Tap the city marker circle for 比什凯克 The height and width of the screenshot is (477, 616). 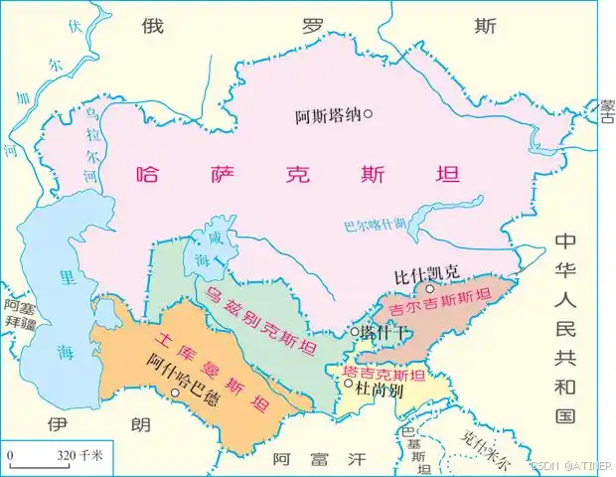point(430,288)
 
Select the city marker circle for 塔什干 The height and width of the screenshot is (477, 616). point(354,332)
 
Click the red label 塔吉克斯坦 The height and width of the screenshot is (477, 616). point(384,376)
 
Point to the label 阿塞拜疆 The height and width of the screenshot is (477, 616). point(19,315)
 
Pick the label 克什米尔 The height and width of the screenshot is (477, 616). point(486,451)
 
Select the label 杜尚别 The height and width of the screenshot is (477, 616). point(375,391)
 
